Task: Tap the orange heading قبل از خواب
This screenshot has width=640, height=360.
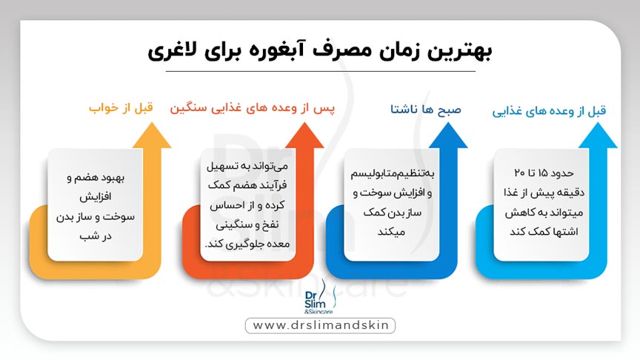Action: pyautogui.click(x=121, y=107)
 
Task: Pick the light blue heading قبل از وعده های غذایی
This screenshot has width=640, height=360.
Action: pyautogui.click(x=550, y=110)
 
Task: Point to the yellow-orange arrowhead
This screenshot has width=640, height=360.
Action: pyautogui.click(x=150, y=134)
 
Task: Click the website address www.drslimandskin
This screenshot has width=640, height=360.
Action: pyautogui.click(x=320, y=325)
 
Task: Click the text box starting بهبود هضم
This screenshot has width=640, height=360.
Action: pyautogui.click(x=95, y=205)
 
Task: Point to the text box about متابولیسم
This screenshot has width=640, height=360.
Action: pyautogui.click(x=393, y=205)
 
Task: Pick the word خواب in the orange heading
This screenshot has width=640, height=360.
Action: pyautogui.click(x=104, y=108)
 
